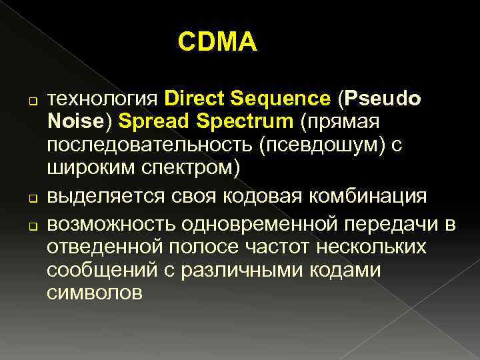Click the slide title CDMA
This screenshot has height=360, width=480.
217,43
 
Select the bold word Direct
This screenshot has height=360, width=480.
194,99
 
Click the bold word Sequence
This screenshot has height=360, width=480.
280,99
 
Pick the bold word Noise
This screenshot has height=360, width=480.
73,122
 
